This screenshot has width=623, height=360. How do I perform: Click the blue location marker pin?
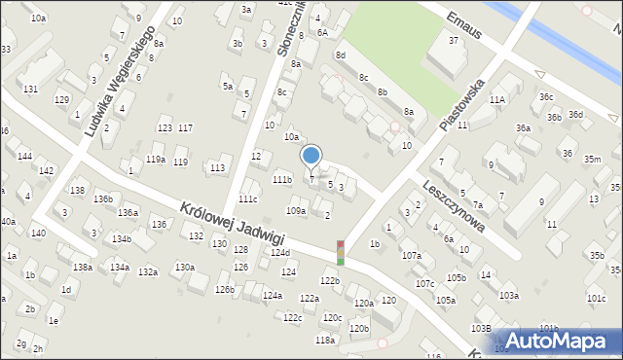pyautogui.click(x=311, y=156)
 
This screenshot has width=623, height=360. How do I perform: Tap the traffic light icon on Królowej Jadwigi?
pyautogui.click(x=340, y=253)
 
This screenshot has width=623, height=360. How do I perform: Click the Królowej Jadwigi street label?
pyautogui.click(x=232, y=224)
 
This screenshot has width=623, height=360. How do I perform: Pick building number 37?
pyautogui.click(x=454, y=40)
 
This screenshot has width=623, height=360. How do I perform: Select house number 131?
pyautogui.click(x=30, y=89)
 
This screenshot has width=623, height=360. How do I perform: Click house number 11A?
pyautogui.click(x=497, y=99)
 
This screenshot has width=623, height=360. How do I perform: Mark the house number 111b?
pyautogui.click(x=282, y=180)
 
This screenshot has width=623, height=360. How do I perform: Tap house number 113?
pyautogui.click(x=217, y=167)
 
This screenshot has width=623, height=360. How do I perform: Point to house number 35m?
pyautogui.click(x=592, y=159)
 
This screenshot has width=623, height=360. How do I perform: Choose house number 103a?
pyautogui.click(x=508, y=295)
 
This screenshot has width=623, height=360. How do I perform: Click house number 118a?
pyautogui.click(x=325, y=340)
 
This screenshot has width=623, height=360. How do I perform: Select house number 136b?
pyautogui.click(x=103, y=198)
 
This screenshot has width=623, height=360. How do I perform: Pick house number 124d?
pyautogui.click(x=280, y=252)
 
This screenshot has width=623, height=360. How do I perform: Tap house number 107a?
pyautogui.click(x=412, y=255)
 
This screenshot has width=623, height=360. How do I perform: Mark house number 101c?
pyautogui.click(x=596, y=298)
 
